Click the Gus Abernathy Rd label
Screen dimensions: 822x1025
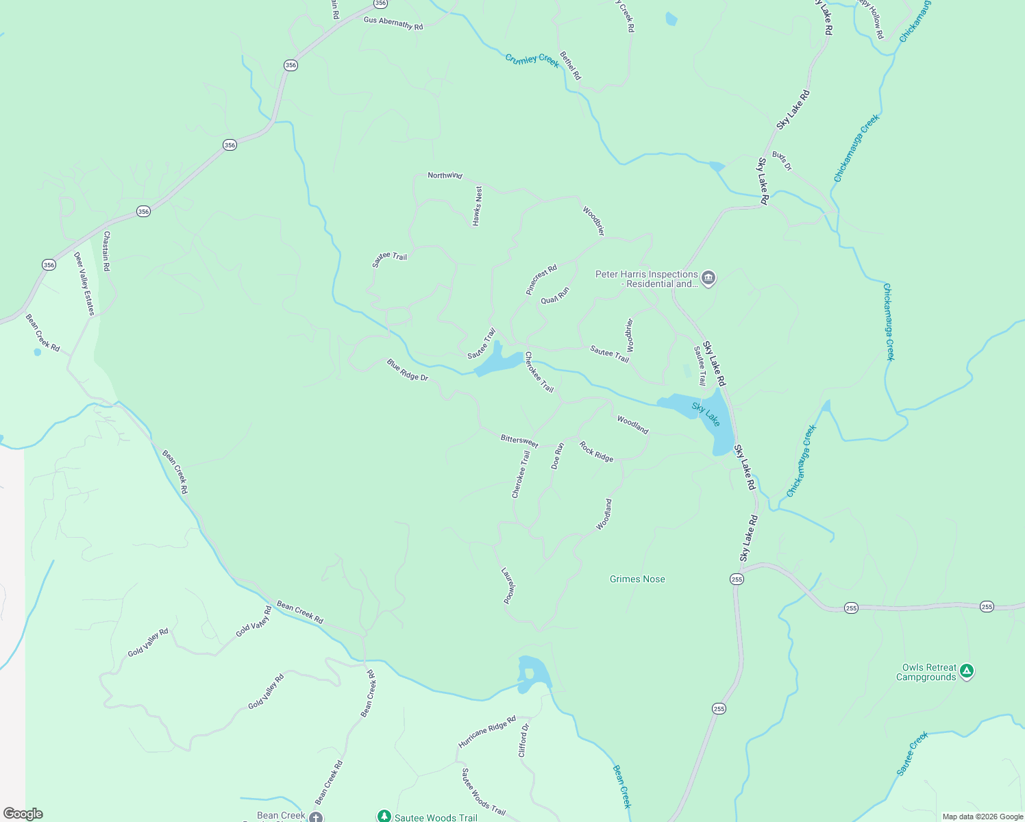[x=393, y=23]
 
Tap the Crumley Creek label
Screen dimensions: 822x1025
[x=532, y=60]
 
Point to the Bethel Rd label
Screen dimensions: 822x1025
[x=570, y=66]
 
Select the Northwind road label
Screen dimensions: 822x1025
[x=445, y=175]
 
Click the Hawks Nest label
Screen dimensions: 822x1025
[x=477, y=206]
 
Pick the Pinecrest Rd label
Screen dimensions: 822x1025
[x=541, y=279]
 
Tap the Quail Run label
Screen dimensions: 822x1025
[x=555, y=295]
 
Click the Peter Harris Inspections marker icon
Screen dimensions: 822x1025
[x=708, y=278]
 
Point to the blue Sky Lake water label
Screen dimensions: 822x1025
[x=706, y=414]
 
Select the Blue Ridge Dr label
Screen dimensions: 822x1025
[x=407, y=370]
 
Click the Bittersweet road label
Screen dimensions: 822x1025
[x=519, y=440]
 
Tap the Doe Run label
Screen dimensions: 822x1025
[x=558, y=456]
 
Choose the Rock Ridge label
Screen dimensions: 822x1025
[x=596, y=451]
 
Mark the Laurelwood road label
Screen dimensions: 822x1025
[x=508, y=586]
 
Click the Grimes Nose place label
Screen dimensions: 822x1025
[x=637, y=579]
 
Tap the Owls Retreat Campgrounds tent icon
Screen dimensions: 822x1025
[x=966, y=671]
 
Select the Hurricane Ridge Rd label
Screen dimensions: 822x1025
[x=486, y=732]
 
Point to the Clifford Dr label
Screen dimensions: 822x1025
[x=523, y=740]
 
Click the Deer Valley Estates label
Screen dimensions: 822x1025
[x=84, y=284]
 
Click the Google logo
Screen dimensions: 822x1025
[x=23, y=814]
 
